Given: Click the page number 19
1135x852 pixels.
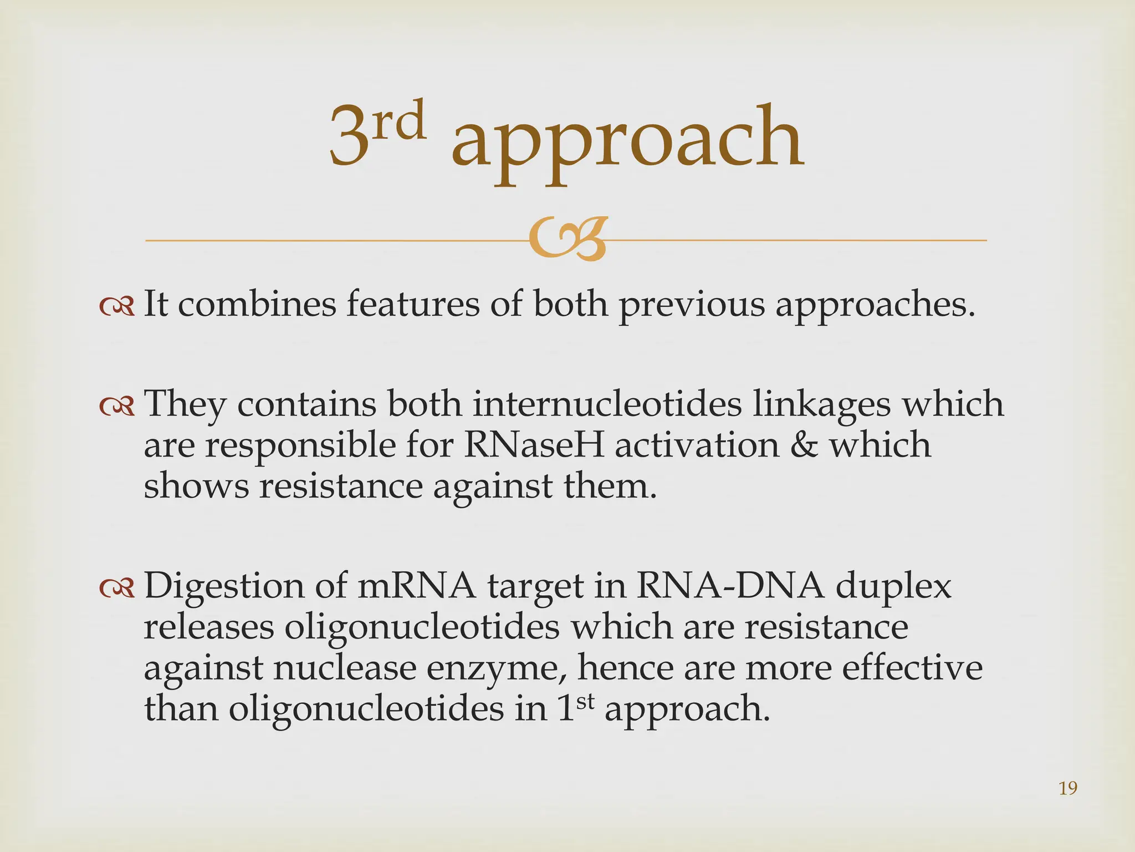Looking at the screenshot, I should [x=1067, y=788].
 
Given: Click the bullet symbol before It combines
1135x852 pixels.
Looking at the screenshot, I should [x=117, y=307].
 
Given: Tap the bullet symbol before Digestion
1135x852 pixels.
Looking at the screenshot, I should [x=117, y=589].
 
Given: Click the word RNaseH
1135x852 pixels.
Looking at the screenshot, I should [x=534, y=445].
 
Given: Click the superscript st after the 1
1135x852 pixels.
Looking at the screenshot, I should [x=585, y=701].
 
